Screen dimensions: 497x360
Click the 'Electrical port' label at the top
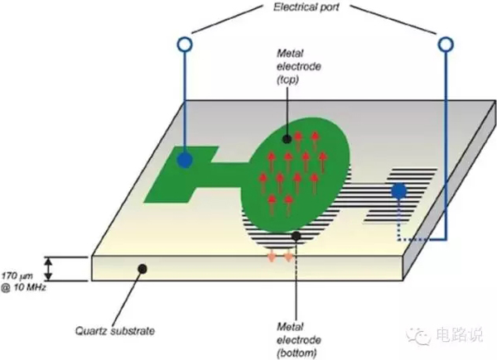pos(306,7)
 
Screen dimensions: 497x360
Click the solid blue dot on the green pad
pos(185,160)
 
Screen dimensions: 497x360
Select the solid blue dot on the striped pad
pos(398,191)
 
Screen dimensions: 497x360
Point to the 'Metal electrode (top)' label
pos(298,66)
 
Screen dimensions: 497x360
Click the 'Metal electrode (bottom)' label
pos(298,340)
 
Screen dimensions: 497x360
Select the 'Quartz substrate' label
pos(115,331)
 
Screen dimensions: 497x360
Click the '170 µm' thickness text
pos(17,276)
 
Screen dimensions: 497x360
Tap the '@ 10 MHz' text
pos(24,288)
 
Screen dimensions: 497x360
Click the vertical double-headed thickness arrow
pos(48,269)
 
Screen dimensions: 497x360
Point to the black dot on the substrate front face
pos(142,269)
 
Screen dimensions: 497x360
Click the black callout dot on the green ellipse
pos(287,139)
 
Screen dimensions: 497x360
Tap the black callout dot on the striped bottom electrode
pos(296,236)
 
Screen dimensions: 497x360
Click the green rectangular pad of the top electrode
pos(179,175)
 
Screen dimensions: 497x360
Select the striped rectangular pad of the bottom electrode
pos(401,195)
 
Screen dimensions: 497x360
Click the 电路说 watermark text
pos(459,335)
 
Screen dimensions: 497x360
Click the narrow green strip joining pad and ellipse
pos(227,175)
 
